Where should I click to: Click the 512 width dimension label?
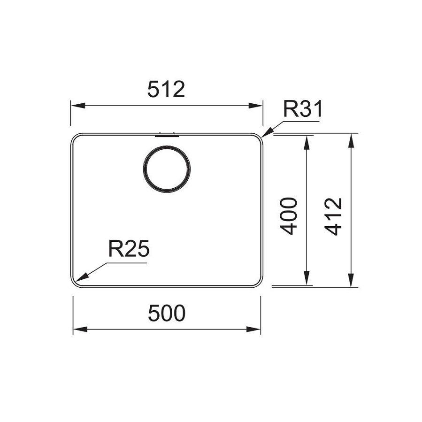pyautogui.click(x=166, y=89)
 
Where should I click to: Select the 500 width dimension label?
pyautogui.click(x=167, y=313)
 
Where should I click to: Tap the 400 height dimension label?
pyautogui.click(x=289, y=216)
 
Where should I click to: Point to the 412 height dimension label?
pyautogui.click(x=333, y=217)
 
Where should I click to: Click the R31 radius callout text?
pyautogui.click(x=302, y=109)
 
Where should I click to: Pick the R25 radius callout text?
pyautogui.click(x=129, y=248)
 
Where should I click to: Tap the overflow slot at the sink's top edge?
pyautogui.click(x=167, y=135)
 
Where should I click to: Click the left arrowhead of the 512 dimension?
pyautogui.click(x=78, y=105)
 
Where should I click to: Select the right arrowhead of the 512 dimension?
pyautogui.click(x=255, y=105)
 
